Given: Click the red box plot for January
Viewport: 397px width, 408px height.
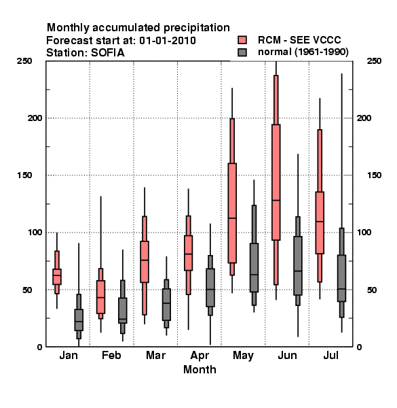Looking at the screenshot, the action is (x=57, y=276).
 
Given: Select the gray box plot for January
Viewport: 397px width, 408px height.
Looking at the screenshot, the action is (x=79, y=320).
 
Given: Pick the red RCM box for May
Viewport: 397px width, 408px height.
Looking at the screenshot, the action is (x=232, y=213).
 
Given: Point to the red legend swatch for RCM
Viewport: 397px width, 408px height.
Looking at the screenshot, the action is (x=242, y=40).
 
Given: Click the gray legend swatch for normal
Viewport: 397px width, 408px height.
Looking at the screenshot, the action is (x=242, y=52).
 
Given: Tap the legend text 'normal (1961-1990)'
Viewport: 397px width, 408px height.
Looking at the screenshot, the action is (x=303, y=52).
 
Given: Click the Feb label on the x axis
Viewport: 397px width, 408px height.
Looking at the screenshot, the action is (x=111, y=356).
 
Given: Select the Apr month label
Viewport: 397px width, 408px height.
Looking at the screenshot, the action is (x=200, y=356).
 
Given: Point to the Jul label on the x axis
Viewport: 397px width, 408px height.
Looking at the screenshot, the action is (x=330, y=356).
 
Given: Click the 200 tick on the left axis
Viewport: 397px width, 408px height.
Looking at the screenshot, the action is (x=35, y=118).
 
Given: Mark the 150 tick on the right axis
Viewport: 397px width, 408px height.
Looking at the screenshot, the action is (x=374, y=175).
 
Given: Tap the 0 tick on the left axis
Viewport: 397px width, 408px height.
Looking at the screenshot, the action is (x=39, y=347).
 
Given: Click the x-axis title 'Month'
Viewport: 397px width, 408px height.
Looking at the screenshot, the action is (x=200, y=369).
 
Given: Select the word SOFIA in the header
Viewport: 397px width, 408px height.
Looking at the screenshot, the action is (x=108, y=53).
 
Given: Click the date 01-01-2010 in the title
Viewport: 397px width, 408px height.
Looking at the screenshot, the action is (x=168, y=41).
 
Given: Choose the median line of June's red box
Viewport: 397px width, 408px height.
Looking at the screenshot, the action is (x=276, y=201).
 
